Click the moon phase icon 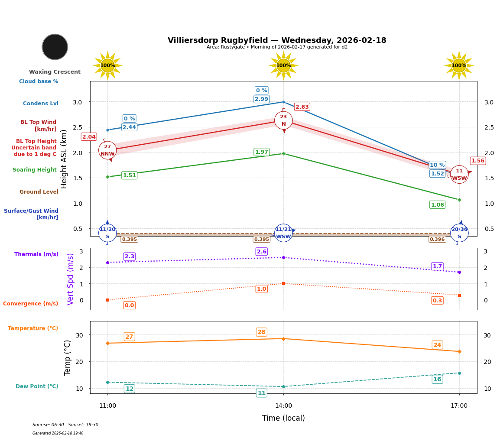(55, 47)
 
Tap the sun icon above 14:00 (283, 65)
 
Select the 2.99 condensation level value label (261, 99)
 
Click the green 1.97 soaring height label (261, 152)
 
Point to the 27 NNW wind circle (107, 150)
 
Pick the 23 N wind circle (283, 120)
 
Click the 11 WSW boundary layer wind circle (459, 175)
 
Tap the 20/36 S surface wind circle (459, 233)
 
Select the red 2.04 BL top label (89, 137)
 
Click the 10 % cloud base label (437, 165)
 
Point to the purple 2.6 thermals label (262, 252)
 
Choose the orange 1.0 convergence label (262, 289)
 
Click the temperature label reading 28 (262, 332)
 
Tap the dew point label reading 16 (437, 380)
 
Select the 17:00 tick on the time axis (459, 406)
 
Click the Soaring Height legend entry (35, 170)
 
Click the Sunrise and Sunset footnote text (65, 425)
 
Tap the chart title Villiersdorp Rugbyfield (277, 40)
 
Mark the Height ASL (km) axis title (64, 159)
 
